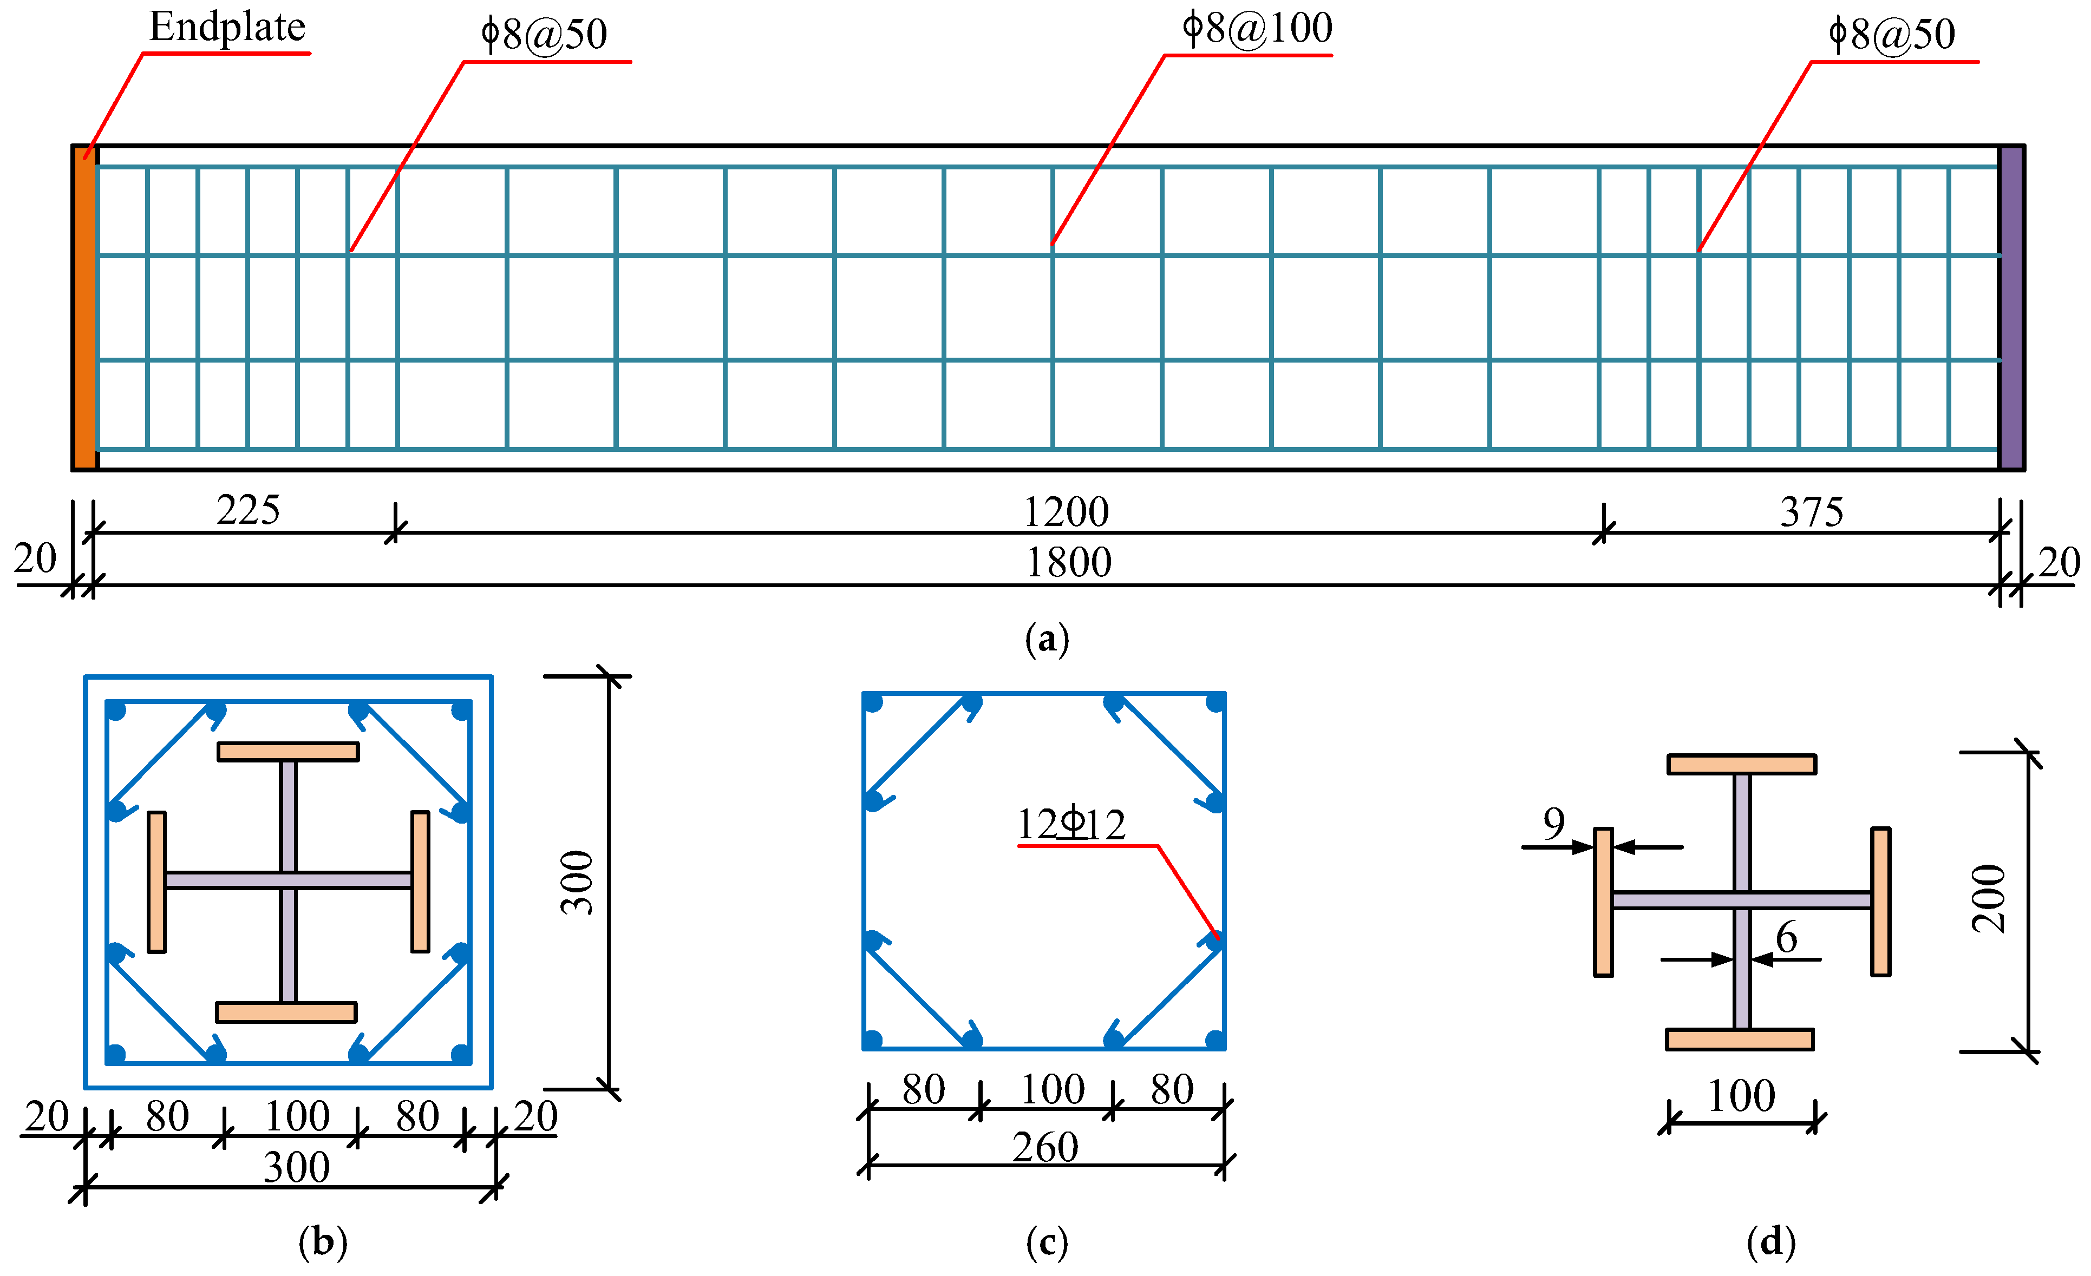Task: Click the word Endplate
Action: [x=227, y=27]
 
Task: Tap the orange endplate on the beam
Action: [x=85, y=308]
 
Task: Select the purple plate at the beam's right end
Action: [x=2010, y=308]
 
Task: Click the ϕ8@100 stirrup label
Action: [x=1258, y=28]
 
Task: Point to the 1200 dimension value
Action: [x=1066, y=511]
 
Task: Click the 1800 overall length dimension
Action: [x=1068, y=562]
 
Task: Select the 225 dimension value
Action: [x=248, y=510]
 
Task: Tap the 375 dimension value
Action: [x=1812, y=511]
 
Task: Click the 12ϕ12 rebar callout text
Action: [x=1071, y=824]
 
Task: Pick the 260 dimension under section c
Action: [x=1045, y=1147]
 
